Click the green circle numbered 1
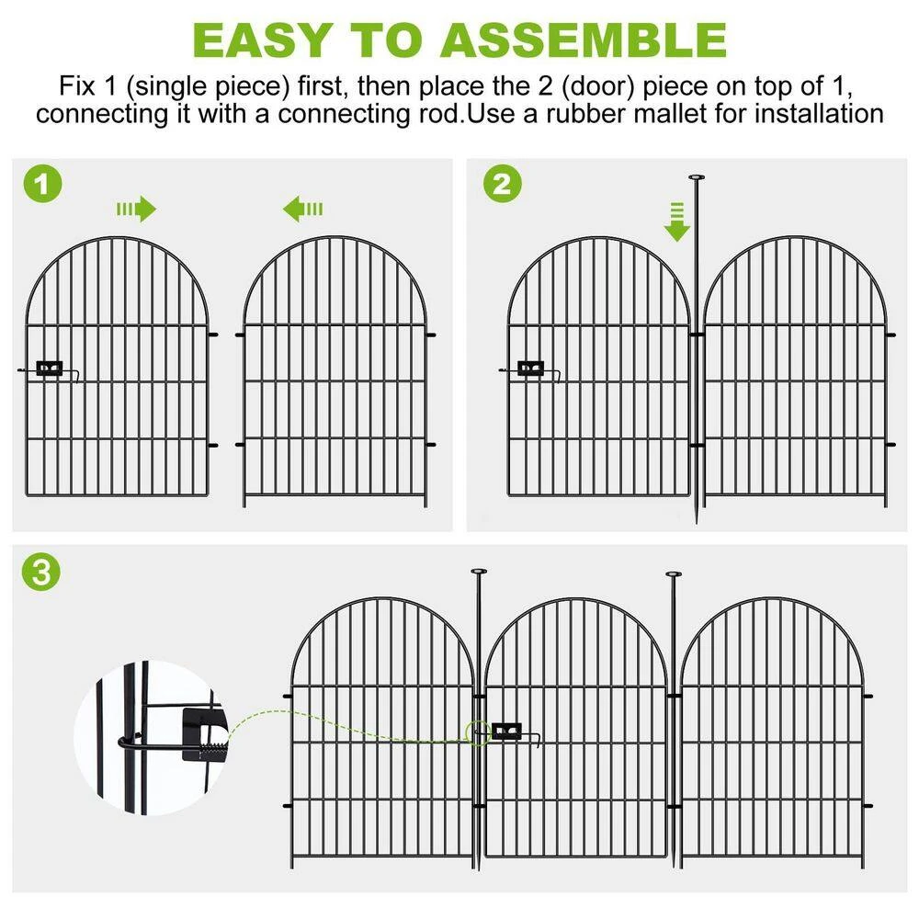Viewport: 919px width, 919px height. click(x=43, y=184)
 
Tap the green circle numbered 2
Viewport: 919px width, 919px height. click(x=503, y=184)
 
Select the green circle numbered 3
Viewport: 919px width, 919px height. click(x=41, y=572)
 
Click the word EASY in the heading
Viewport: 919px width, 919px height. click(x=261, y=40)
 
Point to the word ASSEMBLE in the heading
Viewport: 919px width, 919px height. click(x=584, y=40)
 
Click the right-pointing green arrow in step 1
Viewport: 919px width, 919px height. click(x=137, y=209)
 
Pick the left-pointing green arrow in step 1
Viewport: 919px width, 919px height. click(x=302, y=209)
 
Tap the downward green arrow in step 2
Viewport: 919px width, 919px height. click(x=677, y=222)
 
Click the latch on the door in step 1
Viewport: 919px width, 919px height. click(x=50, y=369)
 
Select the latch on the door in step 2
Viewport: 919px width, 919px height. click(x=530, y=369)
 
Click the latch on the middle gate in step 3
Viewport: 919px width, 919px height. click(x=507, y=732)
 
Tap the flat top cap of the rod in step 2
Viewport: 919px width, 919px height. click(x=697, y=177)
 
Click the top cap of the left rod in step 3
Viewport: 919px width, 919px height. click(x=479, y=572)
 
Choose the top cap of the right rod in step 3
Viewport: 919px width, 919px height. click(x=674, y=574)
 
